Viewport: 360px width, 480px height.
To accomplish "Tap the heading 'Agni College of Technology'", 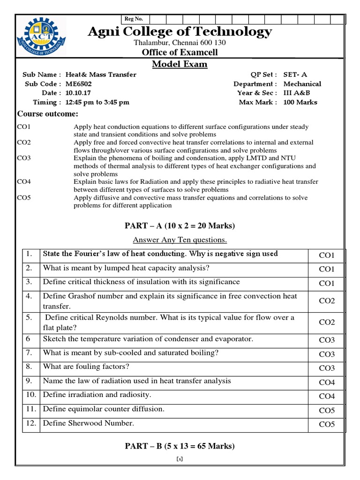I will (x=180, y=31).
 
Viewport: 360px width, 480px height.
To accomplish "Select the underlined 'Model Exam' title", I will (x=180, y=64).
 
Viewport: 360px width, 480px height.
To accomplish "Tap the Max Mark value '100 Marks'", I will (x=300, y=102).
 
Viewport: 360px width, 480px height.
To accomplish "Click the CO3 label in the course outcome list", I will (x=24, y=158).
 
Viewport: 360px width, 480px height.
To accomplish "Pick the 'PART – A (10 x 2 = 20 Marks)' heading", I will (x=180, y=226).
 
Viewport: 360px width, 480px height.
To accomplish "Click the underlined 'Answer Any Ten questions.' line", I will (x=180, y=240).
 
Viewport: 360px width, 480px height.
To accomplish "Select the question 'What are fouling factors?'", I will (x=86, y=366).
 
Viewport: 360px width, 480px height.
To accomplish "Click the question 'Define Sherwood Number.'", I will (x=89, y=423).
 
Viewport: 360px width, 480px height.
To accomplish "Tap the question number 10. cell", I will (x=31, y=395).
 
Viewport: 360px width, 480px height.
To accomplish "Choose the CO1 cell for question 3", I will (x=327, y=283).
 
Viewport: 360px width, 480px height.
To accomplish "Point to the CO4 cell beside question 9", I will (x=327, y=382).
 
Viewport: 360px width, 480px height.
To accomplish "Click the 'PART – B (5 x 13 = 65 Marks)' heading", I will (x=180, y=446).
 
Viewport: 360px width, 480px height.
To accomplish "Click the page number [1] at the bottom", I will (x=180, y=459).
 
